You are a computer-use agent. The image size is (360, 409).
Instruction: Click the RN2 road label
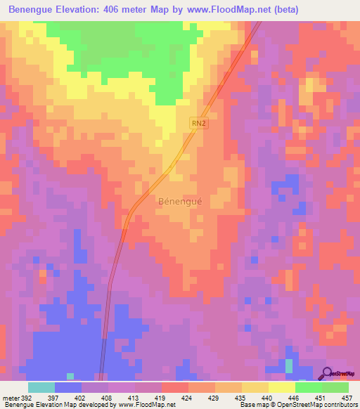pos(198,123)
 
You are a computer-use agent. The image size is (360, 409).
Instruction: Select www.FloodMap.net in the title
pos(228,9)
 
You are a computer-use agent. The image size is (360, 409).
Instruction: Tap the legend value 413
pos(134,398)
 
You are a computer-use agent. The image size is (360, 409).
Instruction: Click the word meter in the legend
pos(9,398)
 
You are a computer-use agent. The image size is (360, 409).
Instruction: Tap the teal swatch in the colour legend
pos(41,387)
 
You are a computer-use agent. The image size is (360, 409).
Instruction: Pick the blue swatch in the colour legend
pos(68,387)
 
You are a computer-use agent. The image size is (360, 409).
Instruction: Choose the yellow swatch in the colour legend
pos(281,387)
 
